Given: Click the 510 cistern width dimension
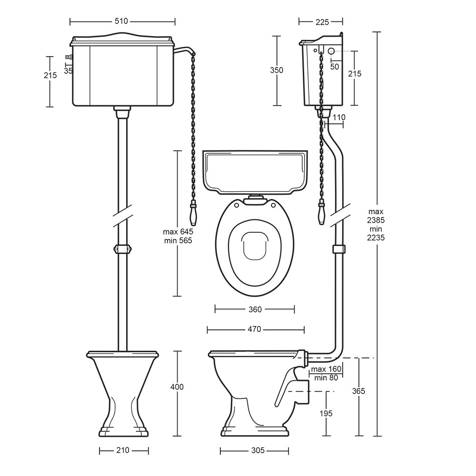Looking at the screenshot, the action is click(121, 21).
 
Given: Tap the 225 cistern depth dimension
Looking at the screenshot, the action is click(322, 22).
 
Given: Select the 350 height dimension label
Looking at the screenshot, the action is click(277, 70).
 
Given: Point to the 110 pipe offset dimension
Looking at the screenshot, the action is click(339, 117).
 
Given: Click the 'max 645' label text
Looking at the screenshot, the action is click(178, 232).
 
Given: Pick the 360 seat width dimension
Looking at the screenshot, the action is click(255, 309).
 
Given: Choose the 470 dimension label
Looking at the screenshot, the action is click(254, 329).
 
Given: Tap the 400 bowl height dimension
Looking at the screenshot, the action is click(177, 387).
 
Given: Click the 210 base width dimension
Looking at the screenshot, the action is click(123, 450).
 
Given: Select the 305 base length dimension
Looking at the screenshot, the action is click(258, 450).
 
